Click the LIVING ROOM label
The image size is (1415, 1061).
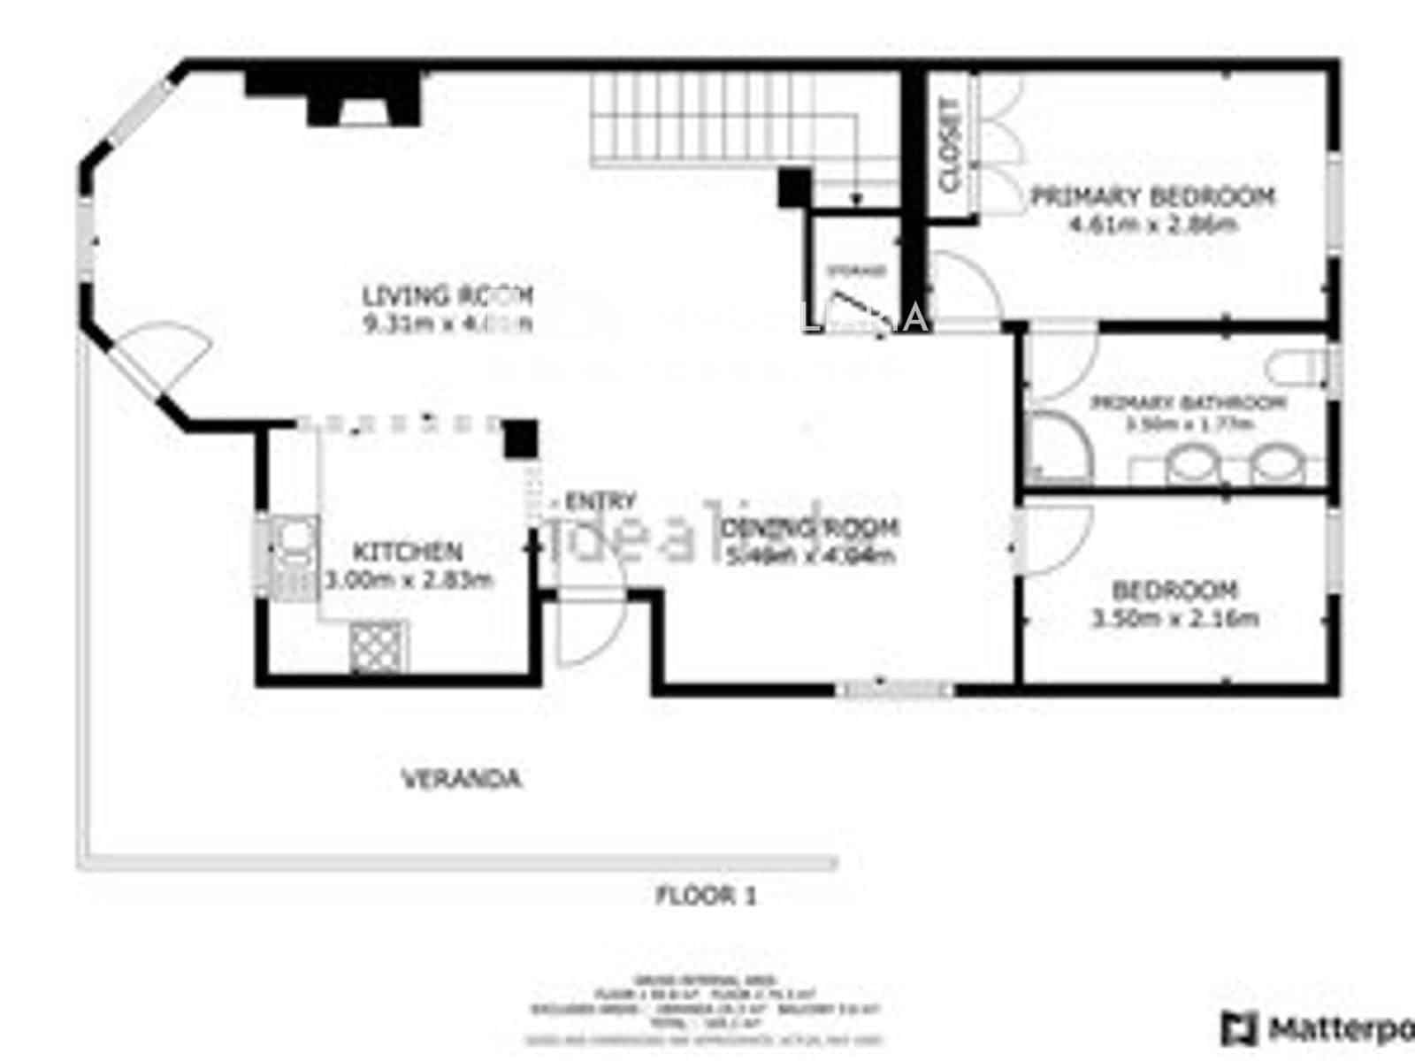tap(447, 294)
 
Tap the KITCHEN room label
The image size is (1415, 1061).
tap(408, 552)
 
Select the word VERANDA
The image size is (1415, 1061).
tap(461, 779)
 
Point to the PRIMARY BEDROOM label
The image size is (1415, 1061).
tap(1153, 196)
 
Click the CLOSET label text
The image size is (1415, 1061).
tap(951, 145)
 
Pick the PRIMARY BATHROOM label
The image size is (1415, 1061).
tap(1188, 403)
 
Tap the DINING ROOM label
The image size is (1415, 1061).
tap(810, 528)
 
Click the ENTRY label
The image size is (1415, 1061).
tap(600, 501)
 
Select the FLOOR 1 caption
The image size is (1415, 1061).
tap(706, 896)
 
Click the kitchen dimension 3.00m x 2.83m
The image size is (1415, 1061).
tap(409, 580)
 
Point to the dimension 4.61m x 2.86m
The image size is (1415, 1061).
tap(1152, 224)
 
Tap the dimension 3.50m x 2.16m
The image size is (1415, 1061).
tap(1175, 618)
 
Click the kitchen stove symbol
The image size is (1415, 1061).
tap(379, 645)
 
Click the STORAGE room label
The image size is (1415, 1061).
tap(855, 271)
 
